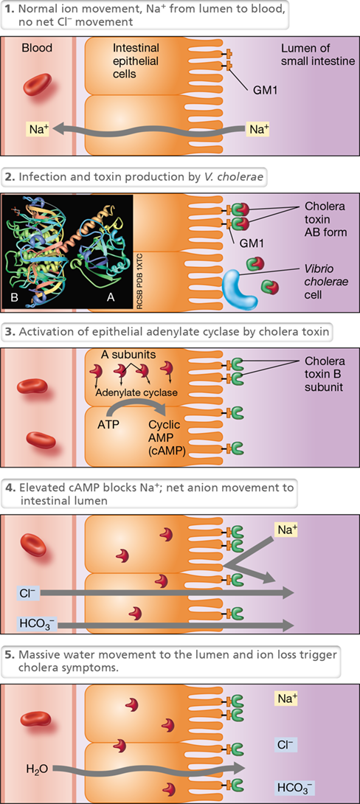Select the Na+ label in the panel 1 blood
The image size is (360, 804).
[38, 129]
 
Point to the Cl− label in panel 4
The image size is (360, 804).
[24, 592]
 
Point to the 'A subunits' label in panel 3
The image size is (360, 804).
[124, 355]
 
